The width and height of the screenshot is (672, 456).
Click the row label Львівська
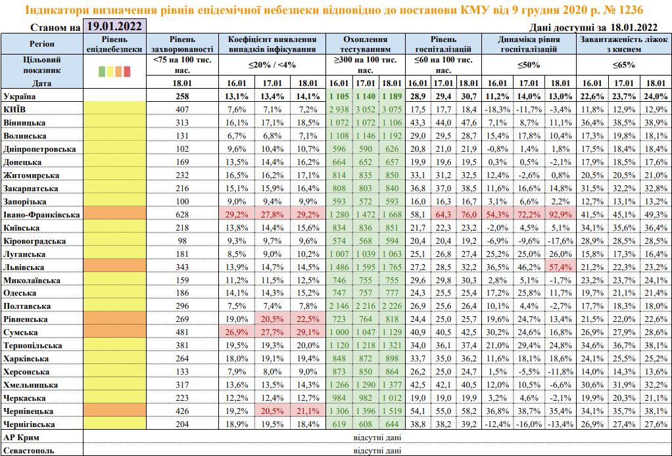pyautogui.click(x=24, y=267)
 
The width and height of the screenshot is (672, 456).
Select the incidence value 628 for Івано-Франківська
pyautogui.click(x=181, y=215)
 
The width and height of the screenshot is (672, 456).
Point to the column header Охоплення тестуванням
pyautogui.click(x=366, y=44)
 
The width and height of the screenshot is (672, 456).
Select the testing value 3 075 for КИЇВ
pyautogui.click(x=391, y=109)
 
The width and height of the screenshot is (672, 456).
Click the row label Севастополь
pyautogui.click(x=29, y=451)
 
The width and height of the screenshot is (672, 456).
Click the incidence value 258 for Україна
pyautogui.click(x=181, y=96)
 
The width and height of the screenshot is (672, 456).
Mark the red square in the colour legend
pyautogui.click(x=128, y=71)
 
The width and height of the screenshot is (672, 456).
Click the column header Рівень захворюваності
pyautogui.click(x=181, y=44)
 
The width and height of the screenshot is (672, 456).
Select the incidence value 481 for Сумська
pyautogui.click(x=181, y=332)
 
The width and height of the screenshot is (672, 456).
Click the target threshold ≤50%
pyautogui.click(x=529, y=65)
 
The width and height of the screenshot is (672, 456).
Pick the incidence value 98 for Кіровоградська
pyautogui.click(x=181, y=240)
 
